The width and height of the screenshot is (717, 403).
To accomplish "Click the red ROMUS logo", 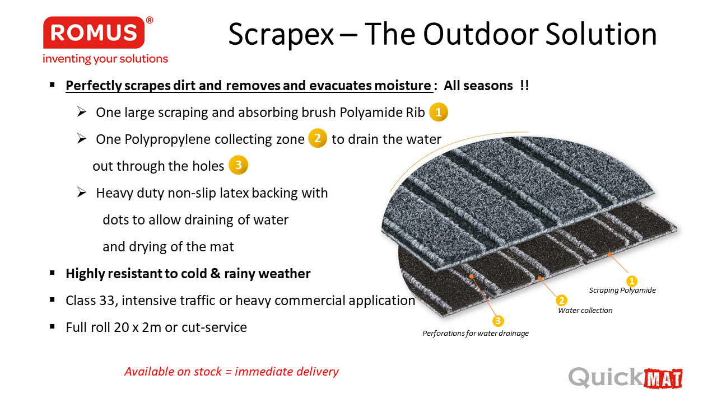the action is [x=94, y=32].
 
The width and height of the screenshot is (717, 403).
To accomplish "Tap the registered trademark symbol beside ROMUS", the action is [x=150, y=20].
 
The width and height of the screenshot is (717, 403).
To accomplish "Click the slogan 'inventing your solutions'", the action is [x=105, y=59].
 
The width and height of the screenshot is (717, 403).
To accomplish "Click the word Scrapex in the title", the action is [x=281, y=35].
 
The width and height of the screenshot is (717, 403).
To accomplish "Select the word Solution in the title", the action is [x=601, y=34].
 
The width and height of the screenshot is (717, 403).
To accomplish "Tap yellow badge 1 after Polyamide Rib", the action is [x=439, y=112].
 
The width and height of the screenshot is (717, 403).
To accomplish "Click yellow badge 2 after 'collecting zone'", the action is [x=317, y=138].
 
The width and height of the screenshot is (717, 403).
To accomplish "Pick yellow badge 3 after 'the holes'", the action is [x=238, y=165].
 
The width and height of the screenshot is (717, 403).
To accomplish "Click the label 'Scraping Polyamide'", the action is [x=622, y=290].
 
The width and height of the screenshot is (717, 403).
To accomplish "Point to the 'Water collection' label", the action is [x=585, y=310].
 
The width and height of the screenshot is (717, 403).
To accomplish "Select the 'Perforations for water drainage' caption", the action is [x=476, y=333].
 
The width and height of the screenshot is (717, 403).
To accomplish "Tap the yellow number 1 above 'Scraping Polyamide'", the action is [x=631, y=281].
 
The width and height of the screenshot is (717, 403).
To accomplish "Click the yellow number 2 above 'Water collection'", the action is [x=561, y=301].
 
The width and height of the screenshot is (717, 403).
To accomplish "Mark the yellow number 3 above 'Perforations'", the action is [x=498, y=321].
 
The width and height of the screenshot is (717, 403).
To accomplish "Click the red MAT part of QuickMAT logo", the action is [x=663, y=379].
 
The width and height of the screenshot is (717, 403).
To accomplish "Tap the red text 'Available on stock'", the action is [x=173, y=371].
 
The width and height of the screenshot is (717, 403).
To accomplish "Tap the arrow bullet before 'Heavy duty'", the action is [x=82, y=192].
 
